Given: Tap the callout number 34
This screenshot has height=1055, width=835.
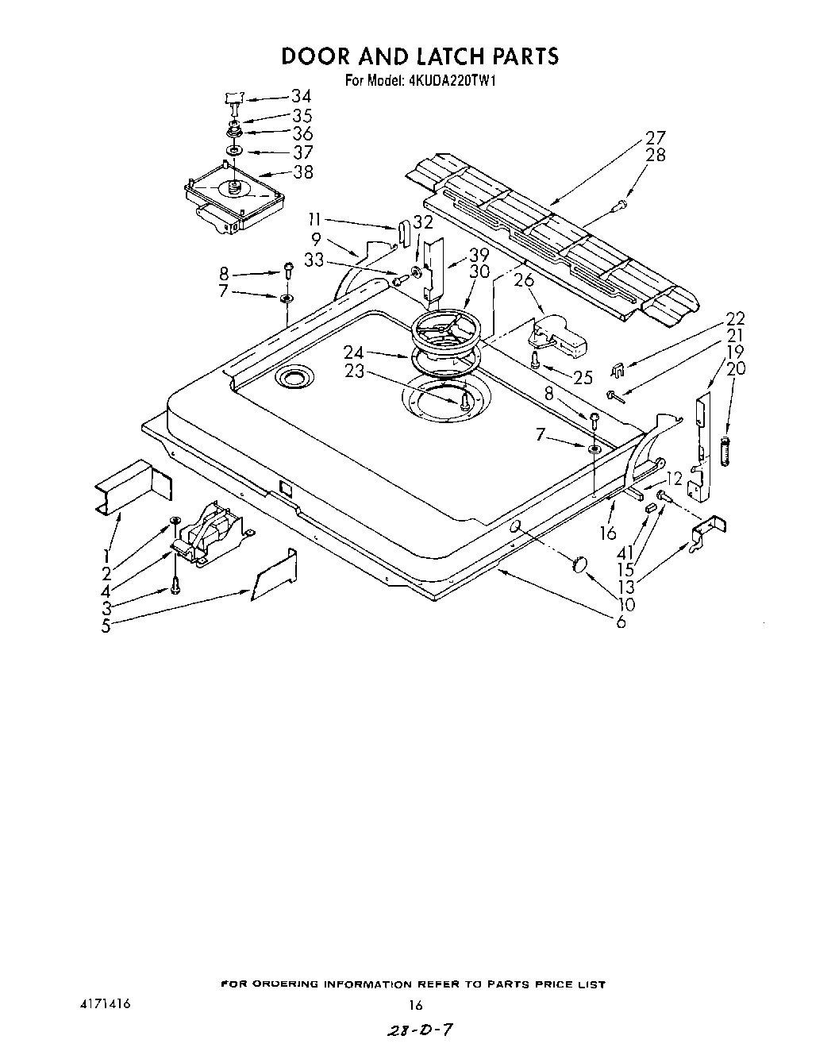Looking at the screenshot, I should point(301,97).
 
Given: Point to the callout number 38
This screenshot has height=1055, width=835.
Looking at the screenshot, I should point(302,171).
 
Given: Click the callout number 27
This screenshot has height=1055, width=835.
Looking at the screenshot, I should point(656,137).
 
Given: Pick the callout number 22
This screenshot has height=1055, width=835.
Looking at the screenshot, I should point(735,318).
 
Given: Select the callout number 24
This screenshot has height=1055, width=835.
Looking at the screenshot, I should point(354,352).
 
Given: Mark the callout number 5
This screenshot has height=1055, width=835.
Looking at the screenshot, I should point(106,625).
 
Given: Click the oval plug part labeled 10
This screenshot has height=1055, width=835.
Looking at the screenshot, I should point(578,565).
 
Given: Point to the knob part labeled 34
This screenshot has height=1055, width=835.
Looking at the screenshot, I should point(233,99).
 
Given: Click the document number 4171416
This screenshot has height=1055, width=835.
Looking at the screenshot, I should point(100,1004).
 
